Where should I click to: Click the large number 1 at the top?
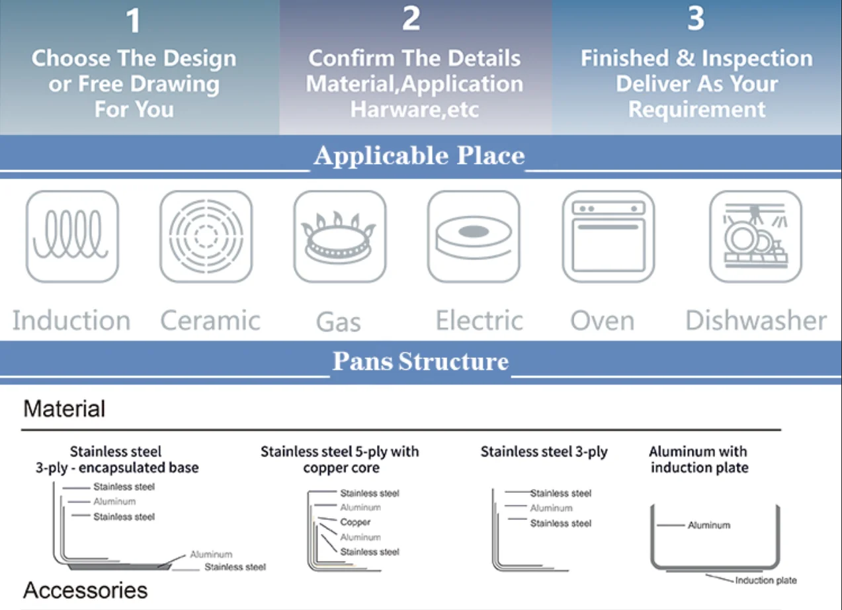134,21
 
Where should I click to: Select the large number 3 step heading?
695,19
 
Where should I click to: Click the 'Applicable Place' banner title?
419,156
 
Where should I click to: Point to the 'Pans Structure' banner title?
421,362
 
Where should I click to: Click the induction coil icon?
72,236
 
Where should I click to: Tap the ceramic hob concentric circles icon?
206,236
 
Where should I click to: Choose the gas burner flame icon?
339,236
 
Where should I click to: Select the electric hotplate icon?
474,236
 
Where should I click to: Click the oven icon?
608,236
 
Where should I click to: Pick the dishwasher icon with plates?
755,236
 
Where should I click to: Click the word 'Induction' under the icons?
71,321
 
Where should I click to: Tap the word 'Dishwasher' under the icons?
756,321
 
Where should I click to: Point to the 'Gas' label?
339,322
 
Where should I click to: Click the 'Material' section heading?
64,409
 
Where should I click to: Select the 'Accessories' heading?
85,590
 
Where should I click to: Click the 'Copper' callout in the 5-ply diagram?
355,522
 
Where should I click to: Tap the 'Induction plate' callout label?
766,580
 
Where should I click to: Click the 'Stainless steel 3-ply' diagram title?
544,452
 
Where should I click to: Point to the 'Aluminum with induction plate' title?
698,460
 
